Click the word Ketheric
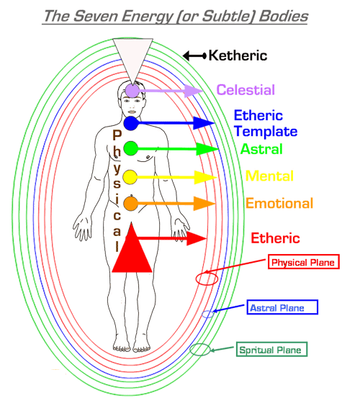click(238, 55)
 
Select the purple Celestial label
click(246, 90)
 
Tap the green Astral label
click(261, 149)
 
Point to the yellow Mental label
click(269, 176)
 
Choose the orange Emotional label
click(279, 203)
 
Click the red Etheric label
click(275, 238)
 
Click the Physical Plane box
click(304, 262)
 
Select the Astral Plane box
click(282, 307)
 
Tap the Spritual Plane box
click(272, 349)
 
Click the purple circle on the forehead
click(132, 91)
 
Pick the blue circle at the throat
click(131, 123)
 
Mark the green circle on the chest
click(130, 148)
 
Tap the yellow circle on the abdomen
click(130, 177)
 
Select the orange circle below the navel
click(130, 204)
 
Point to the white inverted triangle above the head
click(132, 57)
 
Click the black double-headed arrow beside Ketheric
click(194, 55)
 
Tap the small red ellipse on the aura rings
click(207, 279)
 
